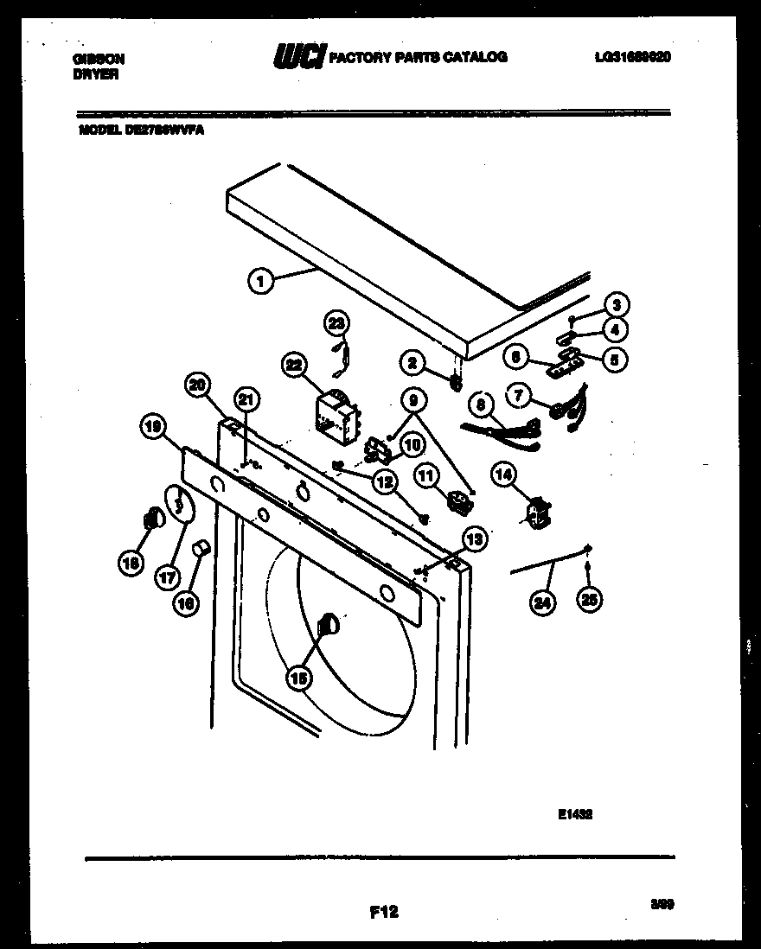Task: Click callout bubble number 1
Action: tap(259, 279)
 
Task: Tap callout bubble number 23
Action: tap(336, 322)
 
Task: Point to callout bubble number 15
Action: tap(298, 679)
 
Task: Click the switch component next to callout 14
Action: tap(539, 513)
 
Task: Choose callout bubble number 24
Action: tap(542, 604)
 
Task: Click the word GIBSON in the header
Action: tap(99, 59)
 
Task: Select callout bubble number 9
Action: tap(414, 400)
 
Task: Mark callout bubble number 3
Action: tap(616, 304)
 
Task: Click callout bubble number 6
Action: tap(516, 354)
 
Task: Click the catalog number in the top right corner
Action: tap(634, 57)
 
